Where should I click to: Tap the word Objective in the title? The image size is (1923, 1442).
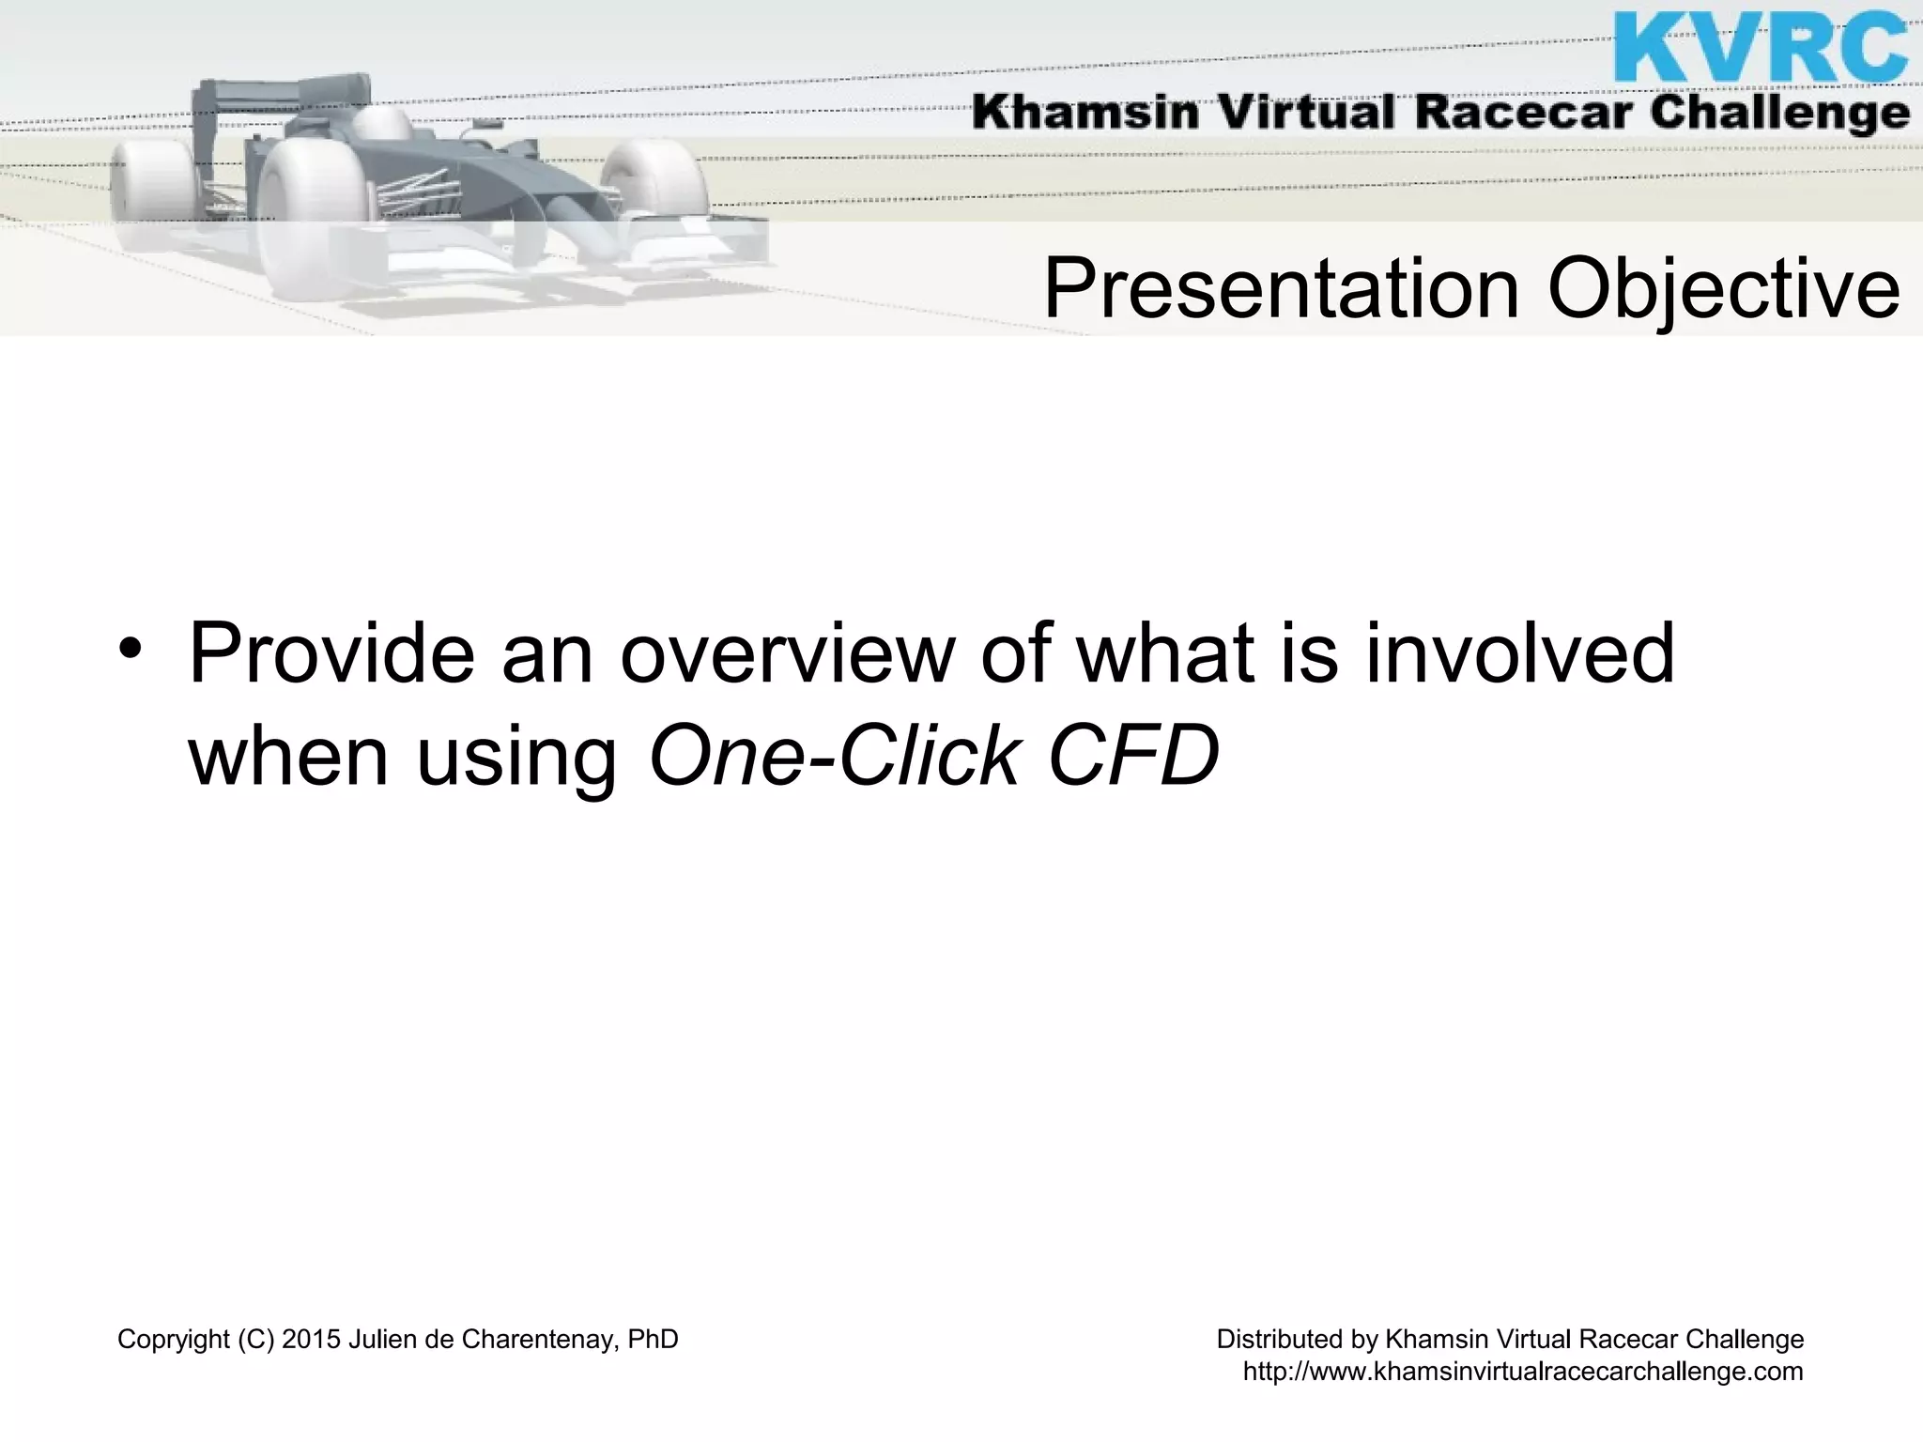click(1724, 289)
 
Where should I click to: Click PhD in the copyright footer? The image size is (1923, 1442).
click(653, 1340)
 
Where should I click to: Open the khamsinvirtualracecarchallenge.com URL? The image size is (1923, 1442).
click(1523, 1372)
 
